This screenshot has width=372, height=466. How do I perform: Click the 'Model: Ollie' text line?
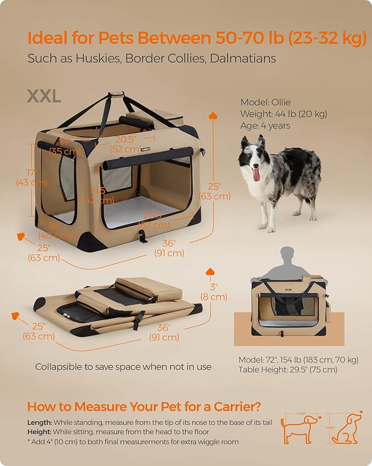pos(266,102)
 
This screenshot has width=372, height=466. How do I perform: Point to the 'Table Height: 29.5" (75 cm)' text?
pos(288,370)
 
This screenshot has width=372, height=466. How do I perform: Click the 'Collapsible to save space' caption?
pos(123,367)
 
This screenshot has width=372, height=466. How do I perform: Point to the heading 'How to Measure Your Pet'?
pos(144,407)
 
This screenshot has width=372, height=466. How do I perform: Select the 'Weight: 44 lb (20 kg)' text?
pos(284,114)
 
